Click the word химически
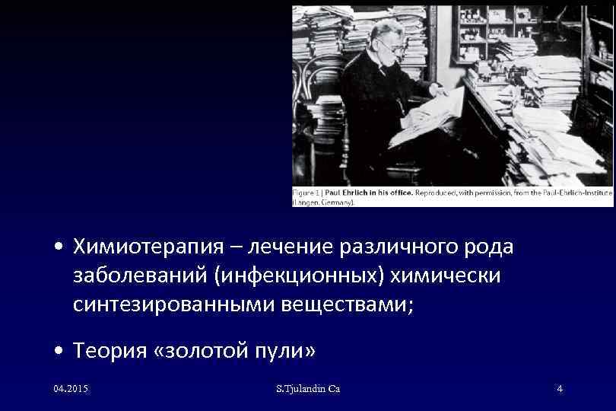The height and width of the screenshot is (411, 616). point(437,276)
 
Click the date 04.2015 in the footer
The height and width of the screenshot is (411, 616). point(71,389)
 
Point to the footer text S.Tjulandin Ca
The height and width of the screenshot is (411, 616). point(308,389)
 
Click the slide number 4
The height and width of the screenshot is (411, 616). point(560,389)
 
